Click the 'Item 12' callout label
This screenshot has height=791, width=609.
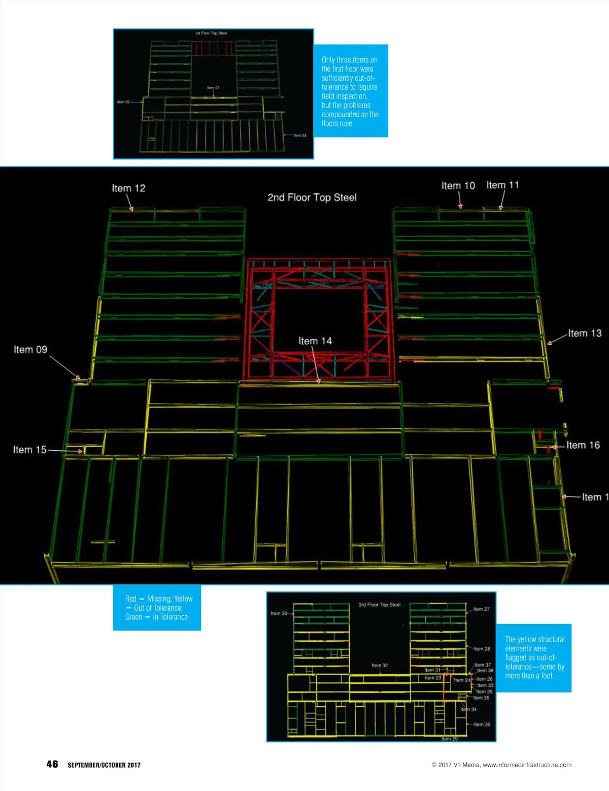click(128, 188)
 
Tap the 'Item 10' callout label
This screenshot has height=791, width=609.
click(458, 186)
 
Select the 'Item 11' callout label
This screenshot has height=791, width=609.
click(502, 185)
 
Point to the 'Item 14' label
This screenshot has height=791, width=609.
click(315, 341)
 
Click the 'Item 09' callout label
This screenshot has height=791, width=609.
click(30, 350)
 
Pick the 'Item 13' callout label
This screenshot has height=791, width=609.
click(585, 334)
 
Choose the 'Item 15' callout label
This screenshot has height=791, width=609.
click(29, 450)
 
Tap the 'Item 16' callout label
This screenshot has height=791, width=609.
click(583, 445)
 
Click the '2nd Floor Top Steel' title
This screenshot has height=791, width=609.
click(312, 197)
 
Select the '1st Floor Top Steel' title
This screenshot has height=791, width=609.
click(211, 34)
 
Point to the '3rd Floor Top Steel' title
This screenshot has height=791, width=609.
click(380, 605)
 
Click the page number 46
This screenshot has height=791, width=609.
click(52, 764)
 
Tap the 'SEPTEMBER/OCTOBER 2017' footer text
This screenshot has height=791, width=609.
click(104, 765)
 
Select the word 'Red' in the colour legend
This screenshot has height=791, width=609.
click(131, 599)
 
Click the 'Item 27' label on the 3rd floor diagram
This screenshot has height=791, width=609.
click(482, 609)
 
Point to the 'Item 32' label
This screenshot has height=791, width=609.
click(380, 665)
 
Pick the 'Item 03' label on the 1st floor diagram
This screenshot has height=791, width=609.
click(300, 136)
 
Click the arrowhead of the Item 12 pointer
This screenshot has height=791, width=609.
click(131, 209)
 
